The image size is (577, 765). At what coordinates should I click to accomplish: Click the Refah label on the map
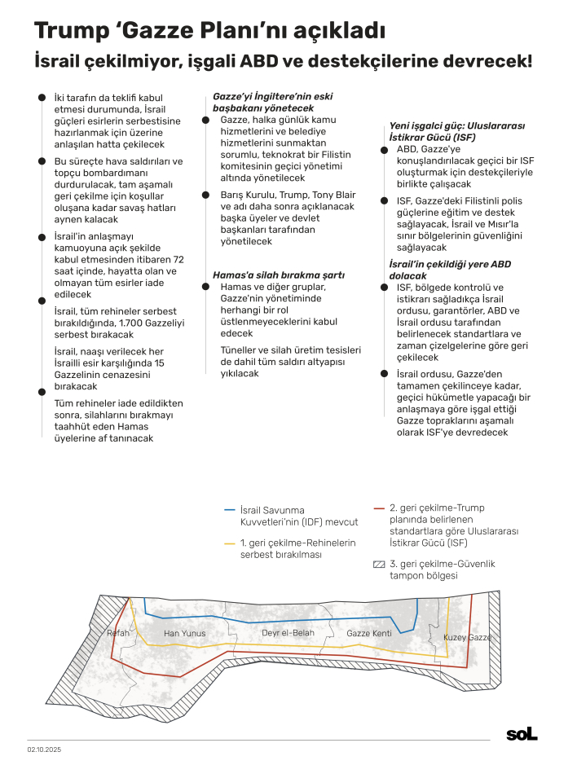click(118, 633)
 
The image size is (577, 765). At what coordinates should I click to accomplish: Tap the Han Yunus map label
click(184, 633)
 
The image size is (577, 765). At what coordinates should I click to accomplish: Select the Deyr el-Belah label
click(287, 633)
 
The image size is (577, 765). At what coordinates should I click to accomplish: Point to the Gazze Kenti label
click(369, 633)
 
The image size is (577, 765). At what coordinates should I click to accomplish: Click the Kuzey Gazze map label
click(467, 636)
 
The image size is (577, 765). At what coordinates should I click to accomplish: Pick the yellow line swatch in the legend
click(230, 543)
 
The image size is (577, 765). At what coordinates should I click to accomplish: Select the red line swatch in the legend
click(378, 507)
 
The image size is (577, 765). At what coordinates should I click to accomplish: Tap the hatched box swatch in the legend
click(378, 564)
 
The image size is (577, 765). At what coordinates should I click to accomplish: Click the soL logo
click(522, 734)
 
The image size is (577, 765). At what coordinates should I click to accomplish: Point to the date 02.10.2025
click(45, 749)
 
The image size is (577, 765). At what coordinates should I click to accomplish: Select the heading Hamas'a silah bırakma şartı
click(279, 275)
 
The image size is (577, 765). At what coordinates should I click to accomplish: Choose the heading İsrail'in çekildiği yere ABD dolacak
click(450, 270)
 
